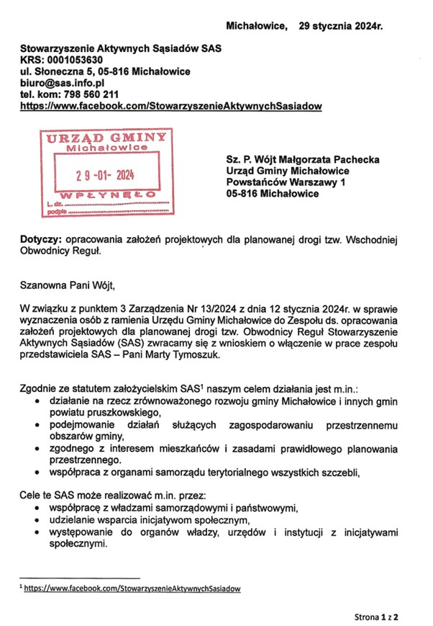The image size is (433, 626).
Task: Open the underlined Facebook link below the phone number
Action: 171,106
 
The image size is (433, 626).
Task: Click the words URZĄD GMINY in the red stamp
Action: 107,138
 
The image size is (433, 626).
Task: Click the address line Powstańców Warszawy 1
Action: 286,182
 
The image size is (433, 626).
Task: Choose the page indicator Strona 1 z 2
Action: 376,617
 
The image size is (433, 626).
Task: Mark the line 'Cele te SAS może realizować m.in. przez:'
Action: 111,496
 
